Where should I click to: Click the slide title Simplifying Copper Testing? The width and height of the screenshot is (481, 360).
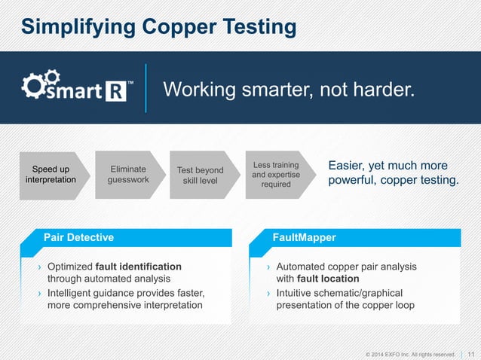click(x=158, y=27)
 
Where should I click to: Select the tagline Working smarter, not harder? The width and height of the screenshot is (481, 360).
click(x=289, y=91)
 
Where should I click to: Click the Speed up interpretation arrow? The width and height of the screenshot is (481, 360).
click(x=50, y=174)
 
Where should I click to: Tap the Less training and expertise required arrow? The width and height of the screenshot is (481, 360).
click(x=274, y=174)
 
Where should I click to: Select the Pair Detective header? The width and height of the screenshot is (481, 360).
click(x=78, y=237)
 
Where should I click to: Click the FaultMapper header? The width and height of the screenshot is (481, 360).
click(x=305, y=237)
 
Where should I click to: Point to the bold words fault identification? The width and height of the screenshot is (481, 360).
click(x=139, y=267)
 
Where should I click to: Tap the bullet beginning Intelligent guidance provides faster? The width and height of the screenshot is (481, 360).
click(x=125, y=299)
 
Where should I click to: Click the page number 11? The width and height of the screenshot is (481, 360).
click(x=471, y=353)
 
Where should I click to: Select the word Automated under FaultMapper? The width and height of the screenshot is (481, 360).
click(x=303, y=267)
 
